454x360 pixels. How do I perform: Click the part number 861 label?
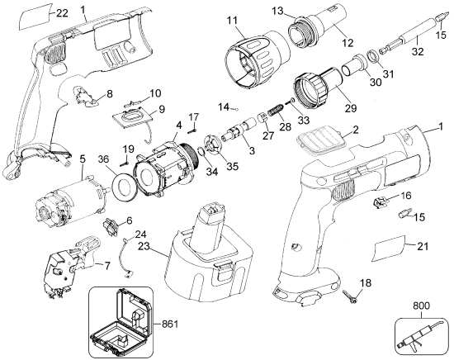[x=168, y=324]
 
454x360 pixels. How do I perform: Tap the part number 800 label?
[x=421, y=306]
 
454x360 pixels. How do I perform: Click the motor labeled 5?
[x=69, y=202]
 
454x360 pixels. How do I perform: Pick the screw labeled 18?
[x=350, y=297]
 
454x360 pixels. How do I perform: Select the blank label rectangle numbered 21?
[x=389, y=249]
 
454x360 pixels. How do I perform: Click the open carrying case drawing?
[x=121, y=323]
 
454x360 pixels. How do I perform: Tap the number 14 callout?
[x=224, y=107]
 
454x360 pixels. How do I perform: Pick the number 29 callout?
[x=351, y=107]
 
